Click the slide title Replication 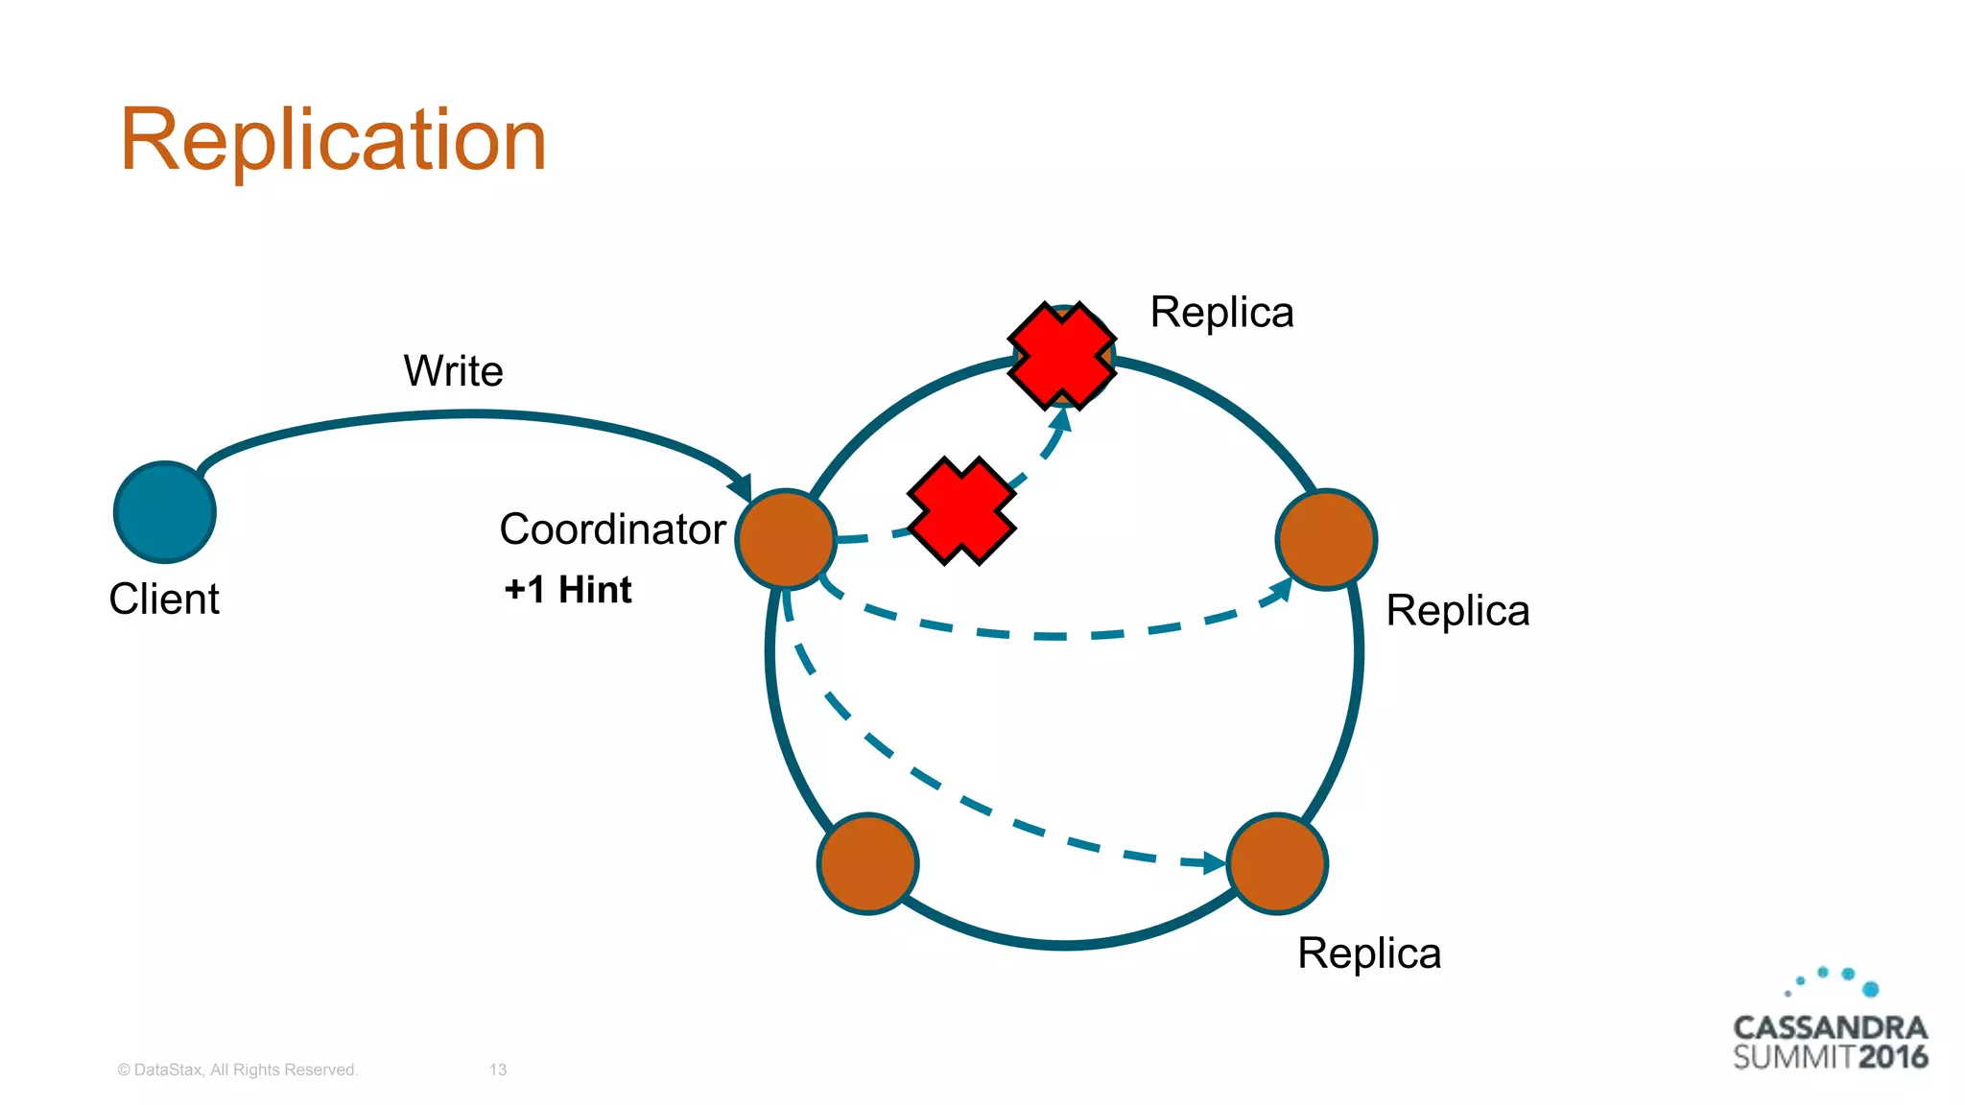coord(333,141)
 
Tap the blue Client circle coord(165,512)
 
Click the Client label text coord(164,600)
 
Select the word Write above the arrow coord(453,371)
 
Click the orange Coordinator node coord(786,539)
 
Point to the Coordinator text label coord(612,529)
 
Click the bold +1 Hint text coord(568,590)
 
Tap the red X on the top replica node coord(1062,355)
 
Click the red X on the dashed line coord(960,510)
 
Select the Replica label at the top coord(1221,313)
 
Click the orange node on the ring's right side coord(1326,539)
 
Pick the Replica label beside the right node coord(1457,611)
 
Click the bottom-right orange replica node coord(1277,863)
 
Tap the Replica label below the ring coord(1369,953)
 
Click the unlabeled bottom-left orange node coord(867,863)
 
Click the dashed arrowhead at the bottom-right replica coord(1216,863)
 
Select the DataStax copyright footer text coord(237,1070)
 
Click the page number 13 coord(498,1070)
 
